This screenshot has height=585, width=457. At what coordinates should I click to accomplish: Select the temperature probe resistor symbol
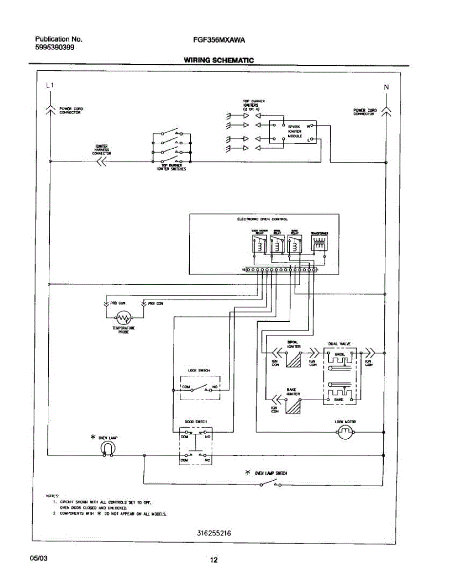(123, 318)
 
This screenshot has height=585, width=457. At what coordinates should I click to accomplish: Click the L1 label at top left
(50, 85)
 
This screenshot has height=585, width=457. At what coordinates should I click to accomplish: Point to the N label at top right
(386, 87)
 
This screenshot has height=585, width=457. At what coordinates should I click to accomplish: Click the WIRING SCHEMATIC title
(219, 60)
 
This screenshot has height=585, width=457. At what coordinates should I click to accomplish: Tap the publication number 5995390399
(55, 47)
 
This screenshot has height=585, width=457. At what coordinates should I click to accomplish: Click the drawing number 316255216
(211, 533)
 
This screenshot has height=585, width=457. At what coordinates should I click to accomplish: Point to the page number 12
(214, 560)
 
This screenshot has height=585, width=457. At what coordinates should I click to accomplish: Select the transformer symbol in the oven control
(319, 245)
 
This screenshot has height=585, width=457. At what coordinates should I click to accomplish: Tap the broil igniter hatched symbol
(294, 360)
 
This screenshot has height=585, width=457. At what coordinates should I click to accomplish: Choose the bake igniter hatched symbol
(294, 406)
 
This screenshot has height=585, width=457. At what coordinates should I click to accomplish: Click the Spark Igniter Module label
(295, 131)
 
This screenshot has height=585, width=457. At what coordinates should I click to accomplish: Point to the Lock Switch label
(199, 370)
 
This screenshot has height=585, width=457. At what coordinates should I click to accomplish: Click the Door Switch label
(195, 422)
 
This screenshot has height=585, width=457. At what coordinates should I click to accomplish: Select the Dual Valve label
(339, 344)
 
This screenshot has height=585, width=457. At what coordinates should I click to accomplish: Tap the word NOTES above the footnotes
(52, 495)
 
